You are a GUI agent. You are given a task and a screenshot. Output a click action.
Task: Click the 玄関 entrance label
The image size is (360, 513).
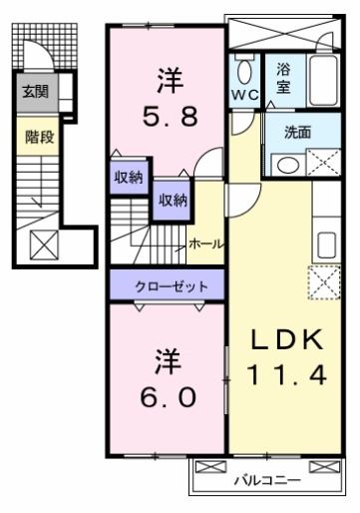click(x=35, y=92)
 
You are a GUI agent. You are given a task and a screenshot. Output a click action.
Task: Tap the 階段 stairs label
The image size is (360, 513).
click(x=39, y=137)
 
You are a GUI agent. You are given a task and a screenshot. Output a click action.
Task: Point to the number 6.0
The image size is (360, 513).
click(x=167, y=393)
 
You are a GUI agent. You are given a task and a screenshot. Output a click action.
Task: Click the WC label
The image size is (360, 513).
click(x=244, y=95)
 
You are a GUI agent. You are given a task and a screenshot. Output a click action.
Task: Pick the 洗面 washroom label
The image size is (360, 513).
click(x=296, y=131)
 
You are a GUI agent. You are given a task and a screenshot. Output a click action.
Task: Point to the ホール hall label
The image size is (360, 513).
click(x=205, y=244)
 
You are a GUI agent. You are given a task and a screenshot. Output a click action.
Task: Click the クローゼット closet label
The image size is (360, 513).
click(x=173, y=286)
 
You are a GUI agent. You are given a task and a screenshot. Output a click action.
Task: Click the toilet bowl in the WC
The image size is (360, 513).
click(x=244, y=71)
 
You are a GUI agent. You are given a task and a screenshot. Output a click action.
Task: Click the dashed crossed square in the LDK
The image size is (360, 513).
click(x=324, y=282)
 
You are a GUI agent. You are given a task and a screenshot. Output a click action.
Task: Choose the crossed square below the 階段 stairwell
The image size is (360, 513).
click(x=43, y=244)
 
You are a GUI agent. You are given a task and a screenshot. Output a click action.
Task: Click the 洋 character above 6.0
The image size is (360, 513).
click(x=167, y=356)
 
